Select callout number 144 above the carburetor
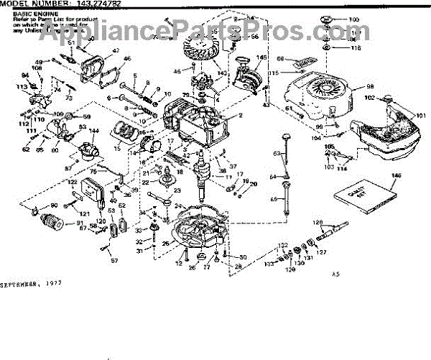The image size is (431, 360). [x=93, y=131]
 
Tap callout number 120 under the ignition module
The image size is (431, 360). [x=101, y=221]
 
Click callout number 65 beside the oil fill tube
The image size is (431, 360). [x=274, y=199]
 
